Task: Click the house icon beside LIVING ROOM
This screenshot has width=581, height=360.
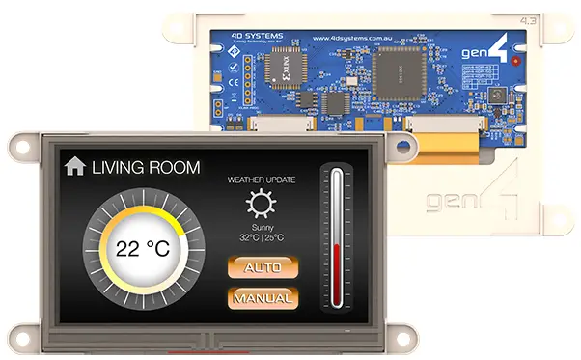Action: pos(74,166)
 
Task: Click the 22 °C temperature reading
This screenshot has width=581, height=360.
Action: pos(143,247)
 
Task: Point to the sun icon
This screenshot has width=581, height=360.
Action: pos(260,204)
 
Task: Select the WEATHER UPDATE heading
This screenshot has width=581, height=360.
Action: pos(262,180)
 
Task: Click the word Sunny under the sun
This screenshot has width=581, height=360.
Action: pos(261,226)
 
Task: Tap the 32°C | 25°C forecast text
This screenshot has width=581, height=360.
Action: pos(261,237)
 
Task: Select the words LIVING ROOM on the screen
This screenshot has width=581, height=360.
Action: pos(146,167)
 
